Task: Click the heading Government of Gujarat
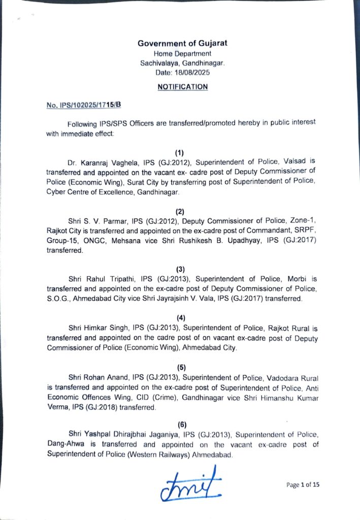click(x=182, y=43)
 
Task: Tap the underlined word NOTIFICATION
click(x=182, y=87)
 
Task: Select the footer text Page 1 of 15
click(x=303, y=484)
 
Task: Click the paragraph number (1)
click(x=179, y=153)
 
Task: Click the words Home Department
click(x=182, y=54)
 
